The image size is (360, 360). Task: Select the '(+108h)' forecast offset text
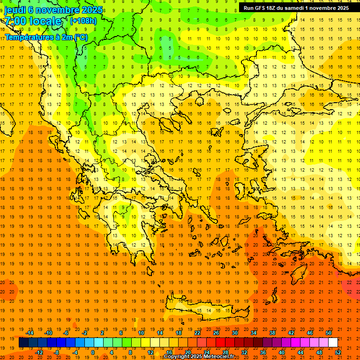click(x=83, y=21)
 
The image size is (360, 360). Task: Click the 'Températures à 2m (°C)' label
click(x=46, y=37)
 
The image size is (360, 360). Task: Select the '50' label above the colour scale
click(x=328, y=333)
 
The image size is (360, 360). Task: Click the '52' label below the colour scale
click(x=338, y=352)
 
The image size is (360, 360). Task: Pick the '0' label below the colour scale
click(x=93, y=352)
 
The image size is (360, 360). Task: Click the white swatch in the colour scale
click(x=333, y=343)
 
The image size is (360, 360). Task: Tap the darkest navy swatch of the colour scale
click(x=23, y=343)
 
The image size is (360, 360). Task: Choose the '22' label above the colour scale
click(x=197, y=333)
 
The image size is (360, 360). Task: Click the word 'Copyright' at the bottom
click(x=176, y=357)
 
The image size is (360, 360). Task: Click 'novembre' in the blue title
click(x=55, y=10)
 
